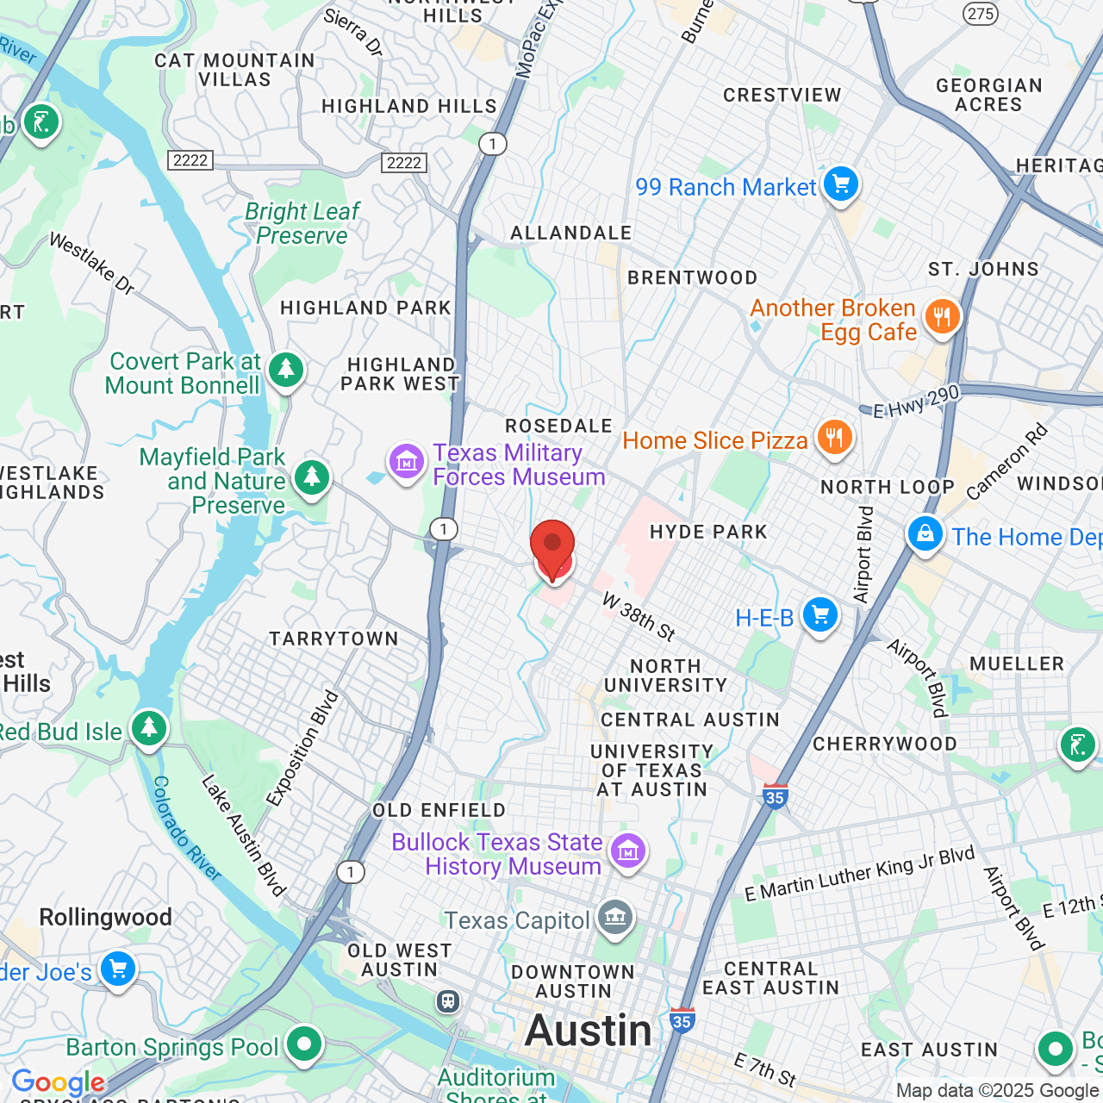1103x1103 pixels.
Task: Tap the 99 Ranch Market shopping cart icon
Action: tap(840, 184)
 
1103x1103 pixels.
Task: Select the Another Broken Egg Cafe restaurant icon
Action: tap(942, 317)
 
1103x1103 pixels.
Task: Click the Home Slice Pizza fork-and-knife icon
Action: tap(833, 439)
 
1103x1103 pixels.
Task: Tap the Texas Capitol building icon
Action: tap(615, 918)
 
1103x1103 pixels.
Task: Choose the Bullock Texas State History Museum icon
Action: tap(627, 851)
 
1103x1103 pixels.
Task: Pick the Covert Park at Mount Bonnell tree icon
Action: tap(285, 371)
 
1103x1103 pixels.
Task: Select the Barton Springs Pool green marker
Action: tap(303, 1044)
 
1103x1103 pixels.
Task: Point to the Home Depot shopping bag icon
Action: tap(925, 534)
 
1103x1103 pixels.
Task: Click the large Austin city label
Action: tap(589, 1031)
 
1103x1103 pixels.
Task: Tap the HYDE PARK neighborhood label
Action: tap(708, 532)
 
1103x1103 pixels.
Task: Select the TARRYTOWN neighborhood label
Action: tap(333, 639)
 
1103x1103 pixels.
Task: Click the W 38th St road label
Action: tap(639, 616)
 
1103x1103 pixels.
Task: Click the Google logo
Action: tap(59, 1082)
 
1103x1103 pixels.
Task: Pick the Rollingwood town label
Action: tap(105, 917)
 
